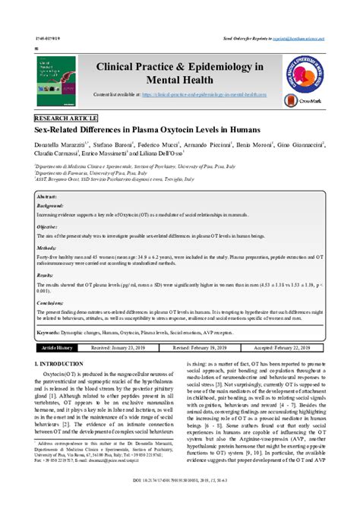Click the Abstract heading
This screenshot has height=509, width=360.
click(x=47, y=196)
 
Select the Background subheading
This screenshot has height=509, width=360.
click(x=51, y=205)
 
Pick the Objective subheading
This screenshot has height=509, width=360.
click(x=48, y=227)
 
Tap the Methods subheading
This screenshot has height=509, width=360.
click(x=47, y=248)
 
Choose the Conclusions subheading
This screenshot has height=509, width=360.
click(x=51, y=302)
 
